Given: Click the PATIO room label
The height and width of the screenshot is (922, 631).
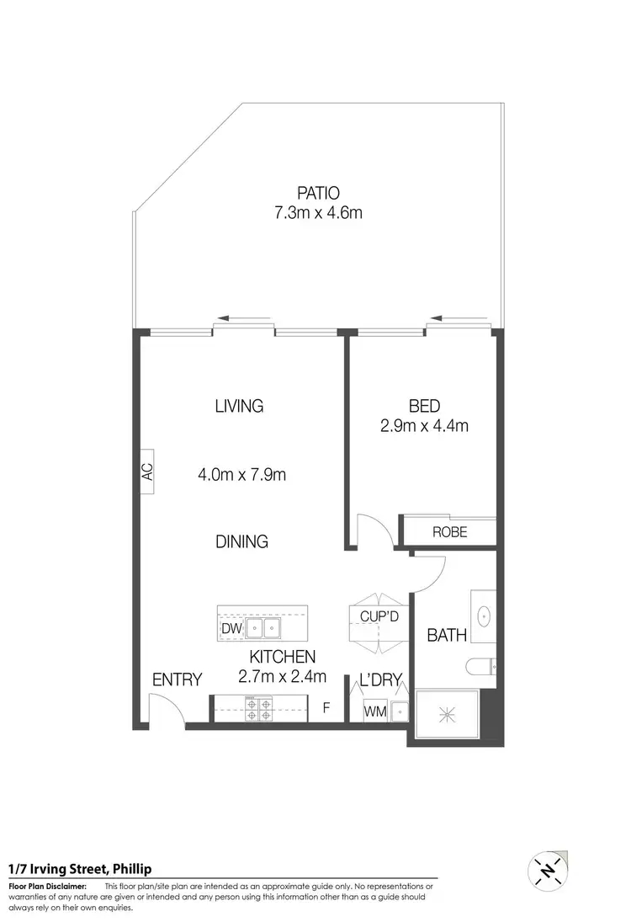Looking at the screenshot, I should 318,191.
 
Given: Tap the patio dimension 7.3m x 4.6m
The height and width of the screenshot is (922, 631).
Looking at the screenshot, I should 318,212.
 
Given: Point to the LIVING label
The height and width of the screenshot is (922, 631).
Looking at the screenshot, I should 239,406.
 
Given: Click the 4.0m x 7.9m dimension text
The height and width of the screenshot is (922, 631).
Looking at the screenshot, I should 242,475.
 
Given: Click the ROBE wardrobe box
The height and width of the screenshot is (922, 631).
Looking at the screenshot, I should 449,532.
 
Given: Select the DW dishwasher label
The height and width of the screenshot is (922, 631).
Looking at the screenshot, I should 231,629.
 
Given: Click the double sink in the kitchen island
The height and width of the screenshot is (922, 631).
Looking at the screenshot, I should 264,628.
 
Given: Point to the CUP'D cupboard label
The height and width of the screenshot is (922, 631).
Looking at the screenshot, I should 379,617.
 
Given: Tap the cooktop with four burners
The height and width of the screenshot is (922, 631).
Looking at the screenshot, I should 258,709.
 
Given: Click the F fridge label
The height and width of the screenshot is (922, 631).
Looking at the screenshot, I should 326,709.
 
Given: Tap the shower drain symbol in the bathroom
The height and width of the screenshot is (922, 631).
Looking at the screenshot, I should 446,714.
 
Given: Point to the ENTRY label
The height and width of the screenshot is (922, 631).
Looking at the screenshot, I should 178,680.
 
